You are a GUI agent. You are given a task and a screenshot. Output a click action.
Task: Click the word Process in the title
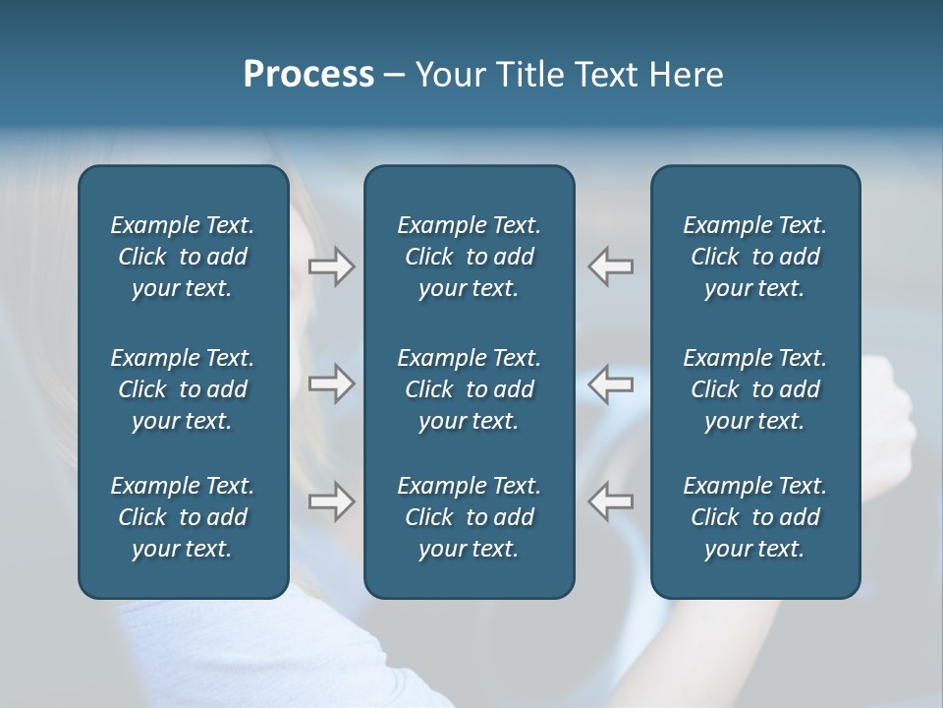[x=308, y=75]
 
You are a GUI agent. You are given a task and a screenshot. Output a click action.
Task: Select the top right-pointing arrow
[x=332, y=266]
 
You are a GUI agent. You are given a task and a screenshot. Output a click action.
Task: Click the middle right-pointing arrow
[x=332, y=383]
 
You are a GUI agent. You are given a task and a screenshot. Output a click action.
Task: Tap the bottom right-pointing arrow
[x=332, y=501]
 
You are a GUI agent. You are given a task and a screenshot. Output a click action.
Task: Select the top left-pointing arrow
[x=610, y=266]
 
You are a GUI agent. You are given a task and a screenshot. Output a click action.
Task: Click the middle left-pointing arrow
[x=610, y=383]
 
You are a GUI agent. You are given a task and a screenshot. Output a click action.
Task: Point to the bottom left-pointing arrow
[x=610, y=501]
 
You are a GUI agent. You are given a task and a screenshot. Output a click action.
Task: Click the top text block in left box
[x=183, y=257]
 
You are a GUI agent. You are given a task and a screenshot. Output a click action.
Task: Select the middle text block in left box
[x=183, y=389]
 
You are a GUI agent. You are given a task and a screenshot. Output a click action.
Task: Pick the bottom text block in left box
[x=183, y=517]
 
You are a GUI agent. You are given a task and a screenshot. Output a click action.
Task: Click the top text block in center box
[x=469, y=257]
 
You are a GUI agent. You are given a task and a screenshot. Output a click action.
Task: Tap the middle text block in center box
[x=469, y=389]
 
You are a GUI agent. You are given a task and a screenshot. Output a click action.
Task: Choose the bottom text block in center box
[x=469, y=517]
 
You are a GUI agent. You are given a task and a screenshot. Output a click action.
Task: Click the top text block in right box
[x=754, y=257]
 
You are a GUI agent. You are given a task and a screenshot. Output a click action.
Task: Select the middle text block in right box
[x=754, y=389]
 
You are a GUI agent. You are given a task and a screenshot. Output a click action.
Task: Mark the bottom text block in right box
[x=754, y=517]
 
